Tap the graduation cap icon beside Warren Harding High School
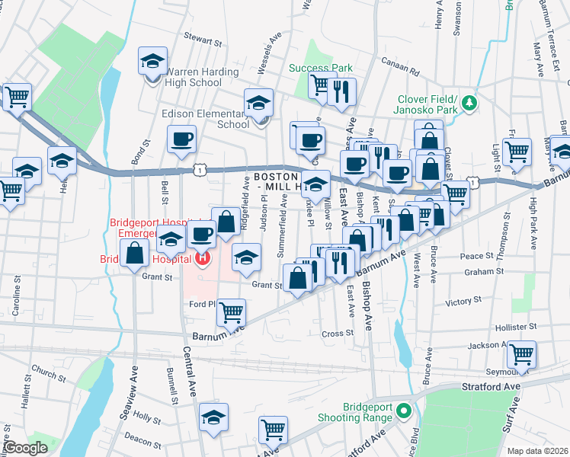point(152,61)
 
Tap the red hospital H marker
point(203,259)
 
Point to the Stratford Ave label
point(491,387)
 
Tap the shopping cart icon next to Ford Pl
point(231,311)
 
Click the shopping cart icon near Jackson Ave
point(521,353)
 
